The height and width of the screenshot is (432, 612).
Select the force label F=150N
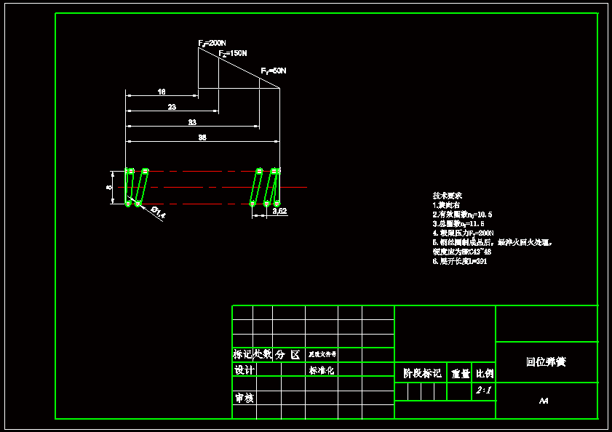point(233,54)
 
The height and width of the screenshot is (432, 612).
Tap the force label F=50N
point(274,71)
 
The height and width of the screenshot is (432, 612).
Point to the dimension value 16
point(162,92)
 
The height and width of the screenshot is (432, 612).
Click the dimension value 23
point(172,107)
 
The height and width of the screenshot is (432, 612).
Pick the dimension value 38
point(202,137)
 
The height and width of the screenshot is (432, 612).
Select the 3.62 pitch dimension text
point(279,211)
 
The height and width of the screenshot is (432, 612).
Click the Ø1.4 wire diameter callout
point(158,212)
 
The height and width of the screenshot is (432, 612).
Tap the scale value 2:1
point(483,391)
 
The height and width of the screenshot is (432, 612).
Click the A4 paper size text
point(544,401)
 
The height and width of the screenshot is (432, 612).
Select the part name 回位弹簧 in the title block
point(546,361)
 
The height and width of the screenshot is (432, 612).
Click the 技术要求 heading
point(448,196)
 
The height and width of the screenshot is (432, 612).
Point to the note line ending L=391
point(460,260)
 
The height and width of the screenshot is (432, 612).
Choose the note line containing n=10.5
point(462,215)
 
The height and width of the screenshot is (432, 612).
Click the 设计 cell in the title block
point(244,370)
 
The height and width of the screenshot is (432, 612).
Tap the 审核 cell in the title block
point(244,399)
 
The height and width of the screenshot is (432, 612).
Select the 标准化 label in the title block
point(321,370)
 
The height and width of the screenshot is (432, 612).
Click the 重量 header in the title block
point(460,373)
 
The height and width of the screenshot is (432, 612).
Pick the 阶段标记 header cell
point(422,373)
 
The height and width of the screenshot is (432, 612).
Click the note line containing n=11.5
point(458,223)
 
